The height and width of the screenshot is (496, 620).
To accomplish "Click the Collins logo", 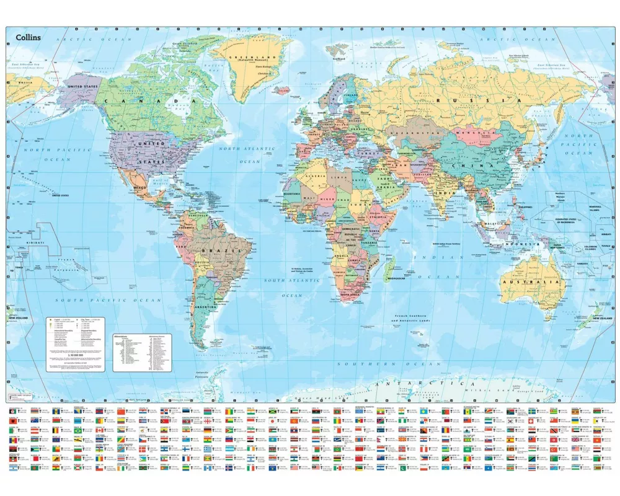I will pyautogui.click(x=24, y=38).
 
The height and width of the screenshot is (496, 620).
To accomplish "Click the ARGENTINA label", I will pyautogui.click(x=206, y=307).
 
